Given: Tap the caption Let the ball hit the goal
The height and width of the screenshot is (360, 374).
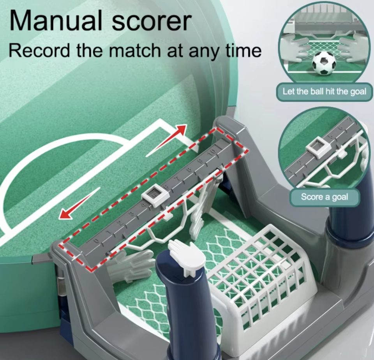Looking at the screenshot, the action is click(324, 92).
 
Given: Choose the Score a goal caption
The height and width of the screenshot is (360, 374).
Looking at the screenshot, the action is click(324, 197).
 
